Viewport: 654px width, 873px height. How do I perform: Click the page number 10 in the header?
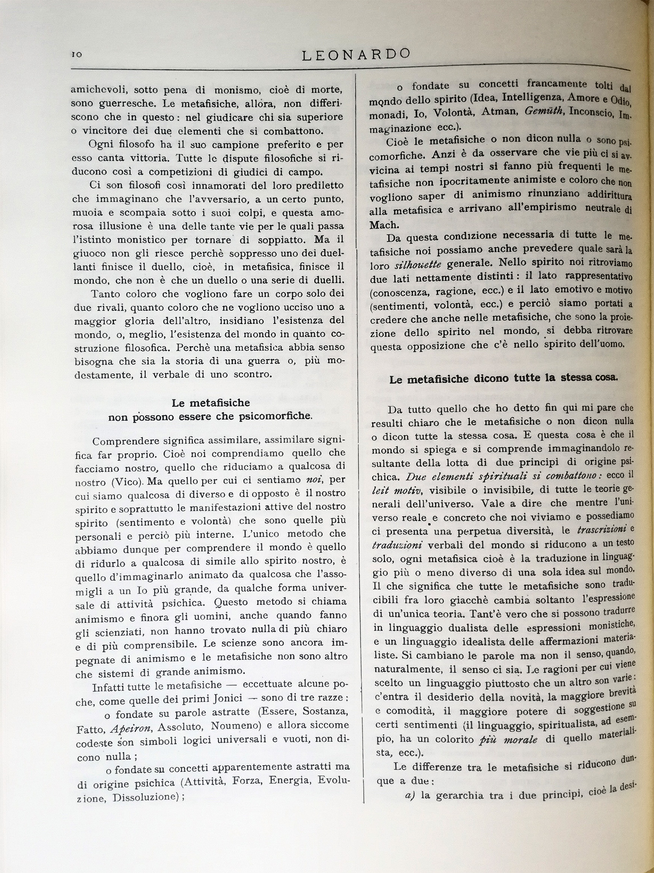[77, 55]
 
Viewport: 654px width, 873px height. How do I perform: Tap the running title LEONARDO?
[356, 54]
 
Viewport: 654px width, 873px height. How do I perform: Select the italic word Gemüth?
[543, 112]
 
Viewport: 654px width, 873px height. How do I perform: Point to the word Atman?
[498, 112]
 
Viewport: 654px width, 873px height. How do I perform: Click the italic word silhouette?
[417, 264]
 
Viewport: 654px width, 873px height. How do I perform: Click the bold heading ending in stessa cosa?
[503, 379]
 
